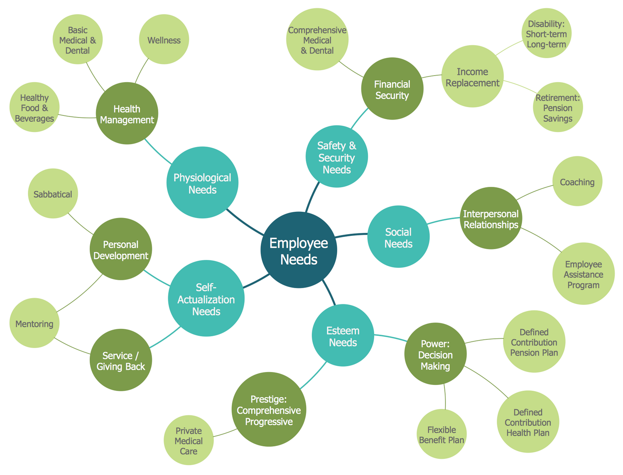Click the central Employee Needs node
(299, 250)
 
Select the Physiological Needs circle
(202, 183)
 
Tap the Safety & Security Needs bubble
(336, 157)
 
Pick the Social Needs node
(398, 237)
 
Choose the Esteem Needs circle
(343, 335)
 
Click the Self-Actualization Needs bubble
(206, 299)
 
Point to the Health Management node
(127, 113)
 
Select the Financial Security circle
(392, 89)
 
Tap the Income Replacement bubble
(472, 76)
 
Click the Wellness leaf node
(164, 39)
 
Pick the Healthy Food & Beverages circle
(34, 107)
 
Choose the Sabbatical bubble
(53, 193)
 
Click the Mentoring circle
(34, 323)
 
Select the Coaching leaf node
(577, 181)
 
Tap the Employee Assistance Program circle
(583, 274)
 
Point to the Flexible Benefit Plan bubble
(441, 434)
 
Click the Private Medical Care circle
(189, 440)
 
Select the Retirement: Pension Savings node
(558, 107)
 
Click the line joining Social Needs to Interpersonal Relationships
(444, 220)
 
